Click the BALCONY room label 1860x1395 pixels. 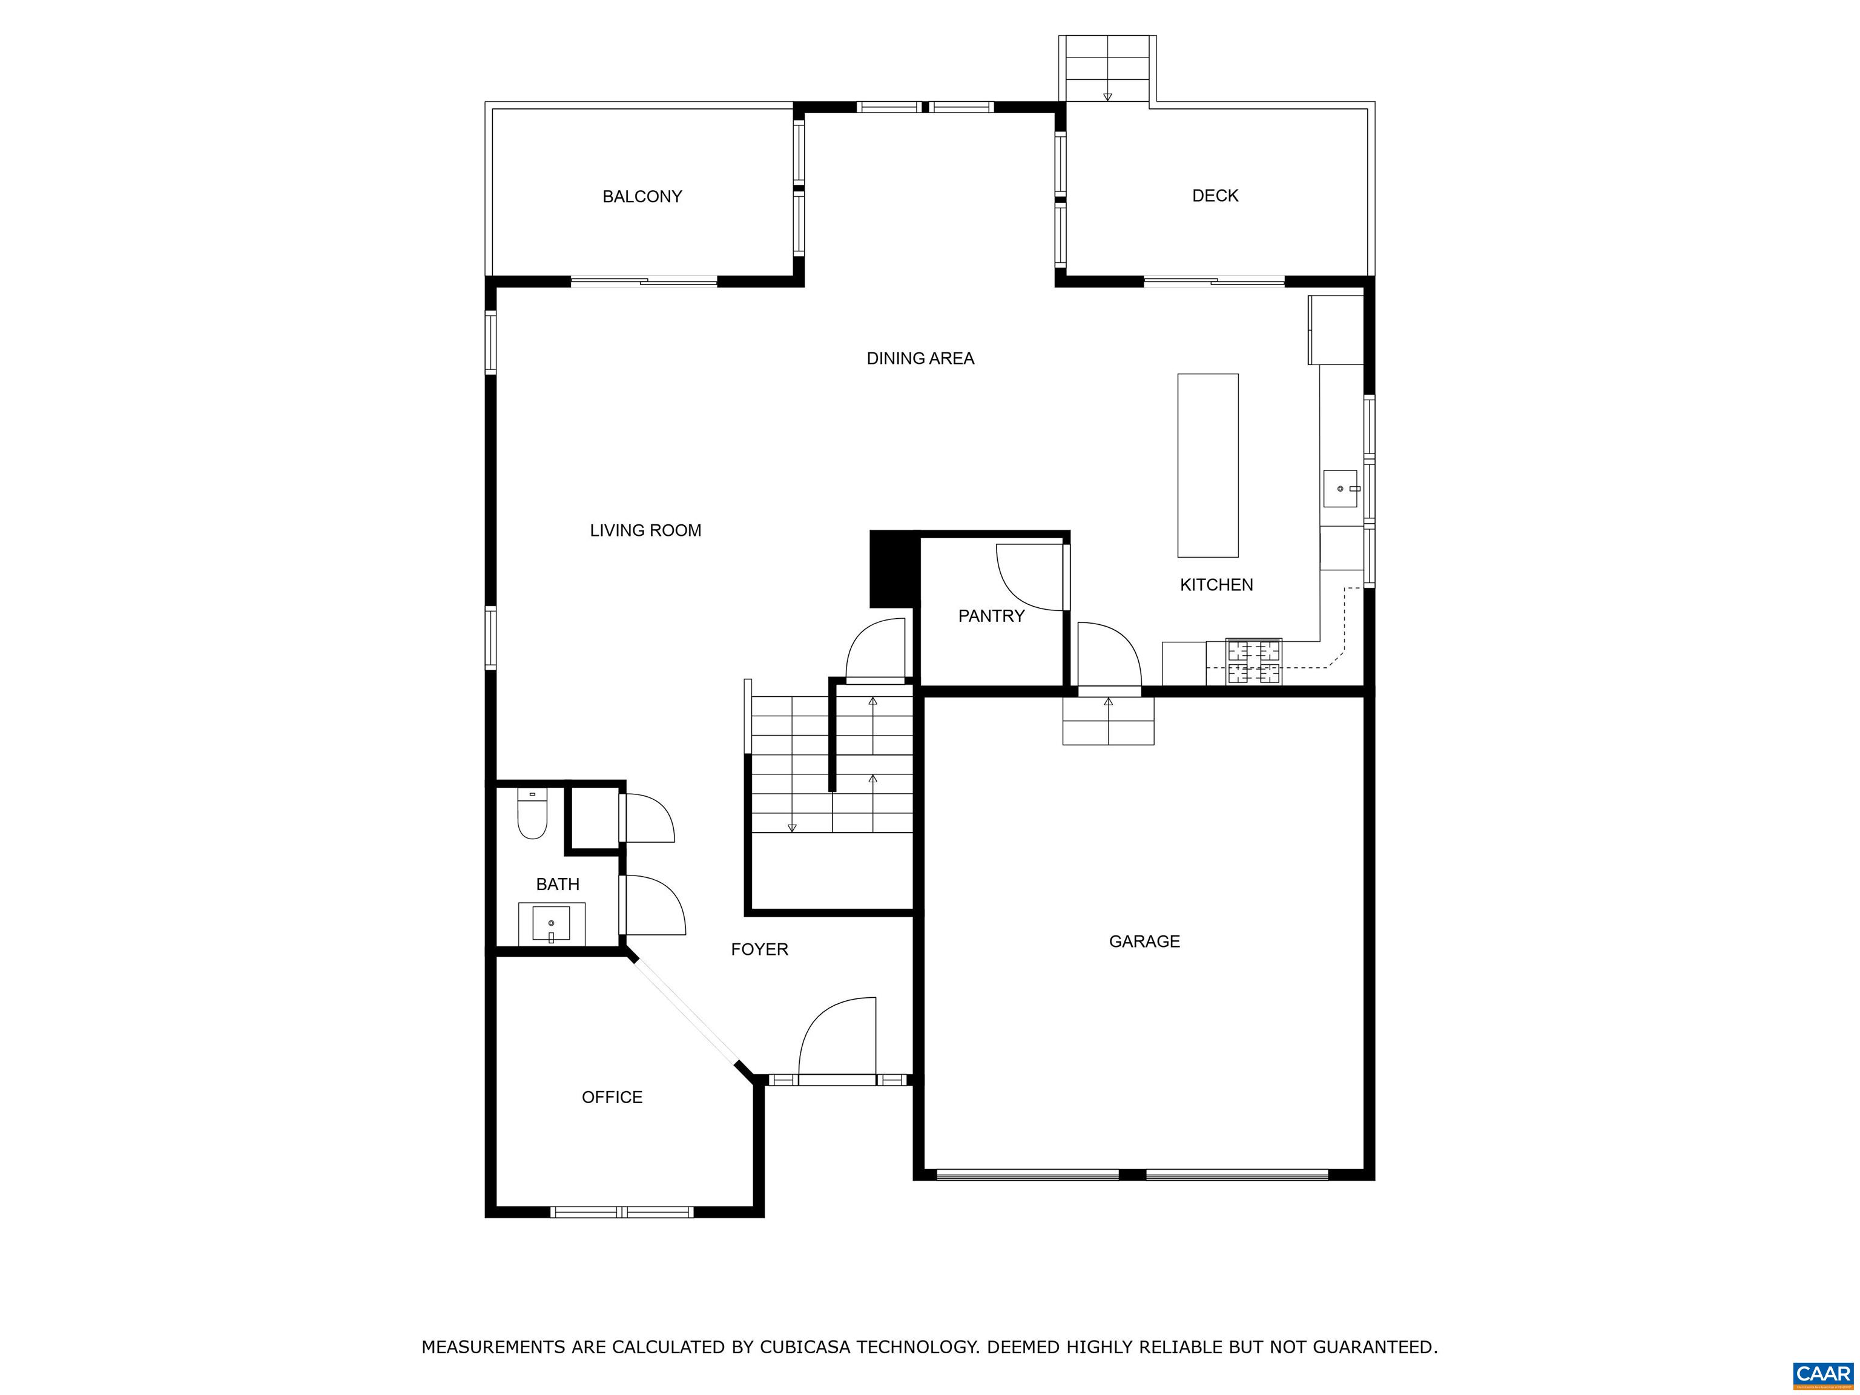(642, 197)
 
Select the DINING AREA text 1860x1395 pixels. (920, 359)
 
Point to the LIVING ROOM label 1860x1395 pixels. (645, 530)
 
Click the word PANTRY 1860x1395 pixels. (991, 616)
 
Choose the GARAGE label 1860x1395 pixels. (1144, 942)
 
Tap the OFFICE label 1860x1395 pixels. (612, 1097)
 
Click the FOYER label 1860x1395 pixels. (759, 950)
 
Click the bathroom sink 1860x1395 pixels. (551, 923)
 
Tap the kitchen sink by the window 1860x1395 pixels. (1341, 489)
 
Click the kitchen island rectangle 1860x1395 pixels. (1207, 465)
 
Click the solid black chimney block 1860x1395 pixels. (893, 569)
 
